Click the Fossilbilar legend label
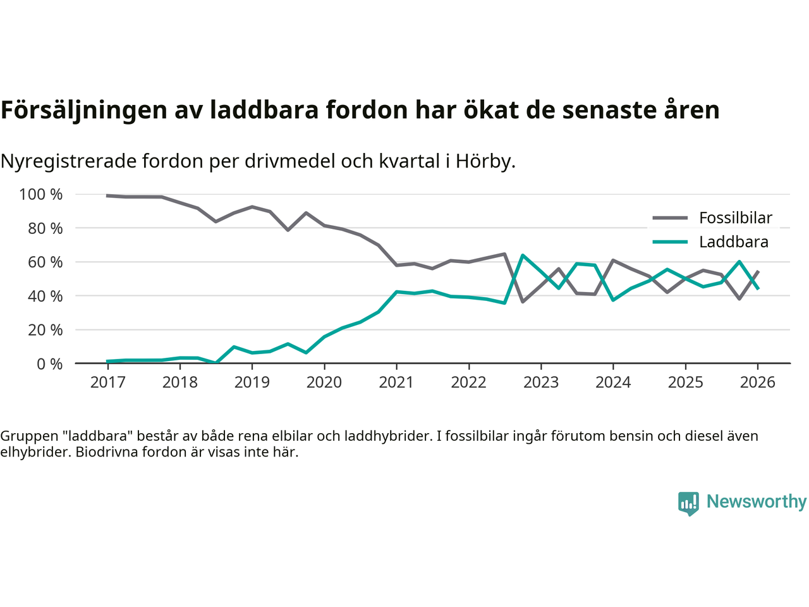(x=735, y=218)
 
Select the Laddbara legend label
(x=733, y=242)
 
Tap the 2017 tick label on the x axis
(x=108, y=383)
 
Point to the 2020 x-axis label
(x=324, y=383)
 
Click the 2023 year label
(x=541, y=383)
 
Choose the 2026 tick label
(x=757, y=383)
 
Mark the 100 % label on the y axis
(x=41, y=195)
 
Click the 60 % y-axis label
(x=45, y=262)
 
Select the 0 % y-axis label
(x=49, y=364)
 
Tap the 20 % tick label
(x=45, y=330)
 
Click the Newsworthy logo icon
(x=688, y=503)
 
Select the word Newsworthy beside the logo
(x=756, y=502)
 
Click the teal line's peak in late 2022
(x=523, y=255)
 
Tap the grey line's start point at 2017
(x=108, y=195)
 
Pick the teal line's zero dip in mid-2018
(x=216, y=363)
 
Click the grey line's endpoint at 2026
(x=758, y=272)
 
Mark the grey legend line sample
(x=669, y=218)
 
